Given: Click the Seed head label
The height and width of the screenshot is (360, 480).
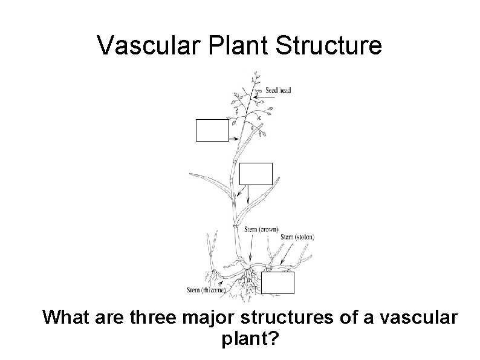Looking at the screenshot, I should tap(279, 91).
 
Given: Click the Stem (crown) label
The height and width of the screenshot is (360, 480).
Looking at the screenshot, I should tap(261, 229).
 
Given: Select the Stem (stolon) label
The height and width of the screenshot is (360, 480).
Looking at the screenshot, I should tap(297, 237).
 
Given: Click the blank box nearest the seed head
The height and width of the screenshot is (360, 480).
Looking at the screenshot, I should tap(212, 130).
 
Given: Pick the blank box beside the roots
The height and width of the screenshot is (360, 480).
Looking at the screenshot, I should tap(278, 283).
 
